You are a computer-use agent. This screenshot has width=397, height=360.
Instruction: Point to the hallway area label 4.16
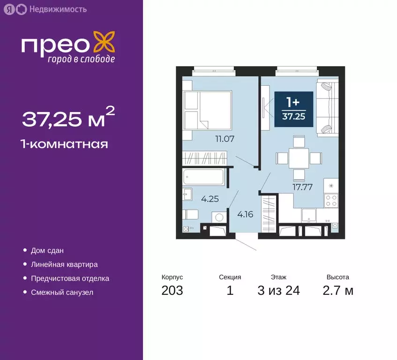pyautogui.click(x=246, y=215)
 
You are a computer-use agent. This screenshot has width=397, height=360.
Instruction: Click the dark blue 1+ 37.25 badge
pyautogui.click(x=293, y=108)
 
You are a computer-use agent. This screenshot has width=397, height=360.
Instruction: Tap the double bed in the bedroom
pyautogui.click(x=207, y=111)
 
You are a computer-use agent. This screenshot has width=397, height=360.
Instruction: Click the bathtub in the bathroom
pyautogui.click(x=203, y=177)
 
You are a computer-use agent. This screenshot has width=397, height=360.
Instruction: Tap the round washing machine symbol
pyautogui.click(x=218, y=218)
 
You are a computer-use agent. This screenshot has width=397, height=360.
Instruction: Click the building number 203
pyautogui.click(x=172, y=291)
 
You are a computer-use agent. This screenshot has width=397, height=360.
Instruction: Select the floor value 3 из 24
pyautogui.click(x=278, y=291)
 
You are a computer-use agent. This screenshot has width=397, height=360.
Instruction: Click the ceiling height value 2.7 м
pyautogui.click(x=337, y=291)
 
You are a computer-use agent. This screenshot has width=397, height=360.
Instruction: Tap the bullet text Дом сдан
pyautogui.click(x=47, y=251)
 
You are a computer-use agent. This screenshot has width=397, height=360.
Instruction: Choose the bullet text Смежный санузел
pyautogui.click(x=62, y=292)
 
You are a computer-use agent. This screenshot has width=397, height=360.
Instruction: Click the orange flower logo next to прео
pyautogui.click(x=104, y=43)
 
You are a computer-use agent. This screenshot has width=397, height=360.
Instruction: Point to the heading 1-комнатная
pyautogui.click(x=65, y=144)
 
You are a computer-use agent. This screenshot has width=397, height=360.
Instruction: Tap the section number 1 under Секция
pyautogui.click(x=230, y=291)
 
